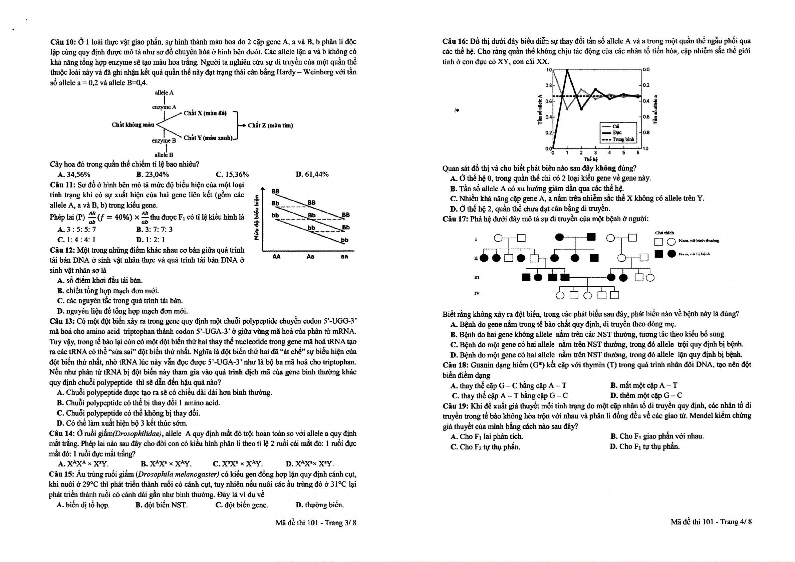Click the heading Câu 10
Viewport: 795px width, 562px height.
(x=63, y=42)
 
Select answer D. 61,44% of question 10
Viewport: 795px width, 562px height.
(x=312, y=174)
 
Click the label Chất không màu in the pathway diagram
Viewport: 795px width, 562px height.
(x=132, y=125)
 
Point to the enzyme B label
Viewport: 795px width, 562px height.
(x=164, y=140)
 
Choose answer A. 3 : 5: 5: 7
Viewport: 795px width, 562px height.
(x=76, y=229)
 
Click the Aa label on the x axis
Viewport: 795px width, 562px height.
(x=310, y=257)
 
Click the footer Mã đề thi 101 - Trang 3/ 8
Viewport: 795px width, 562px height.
(x=316, y=523)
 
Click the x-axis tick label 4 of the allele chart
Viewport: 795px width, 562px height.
(x=609, y=153)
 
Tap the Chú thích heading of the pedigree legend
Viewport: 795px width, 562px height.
(x=664, y=233)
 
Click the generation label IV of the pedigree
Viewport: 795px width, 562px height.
(x=477, y=293)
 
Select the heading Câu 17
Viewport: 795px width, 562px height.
(x=455, y=219)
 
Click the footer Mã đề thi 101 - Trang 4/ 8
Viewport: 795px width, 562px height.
(x=711, y=522)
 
